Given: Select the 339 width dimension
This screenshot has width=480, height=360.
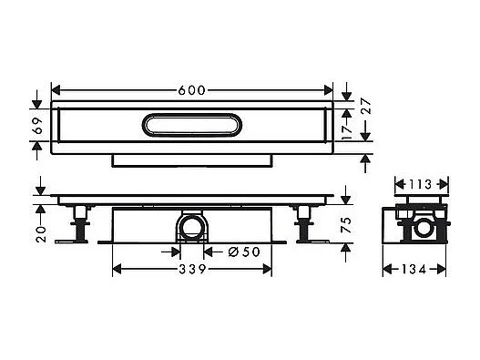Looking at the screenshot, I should [x=191, y=270].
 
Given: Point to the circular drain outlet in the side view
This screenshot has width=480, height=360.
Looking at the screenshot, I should [x=192, y=226].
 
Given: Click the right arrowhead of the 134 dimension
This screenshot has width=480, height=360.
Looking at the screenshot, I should [x=444, y=269].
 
